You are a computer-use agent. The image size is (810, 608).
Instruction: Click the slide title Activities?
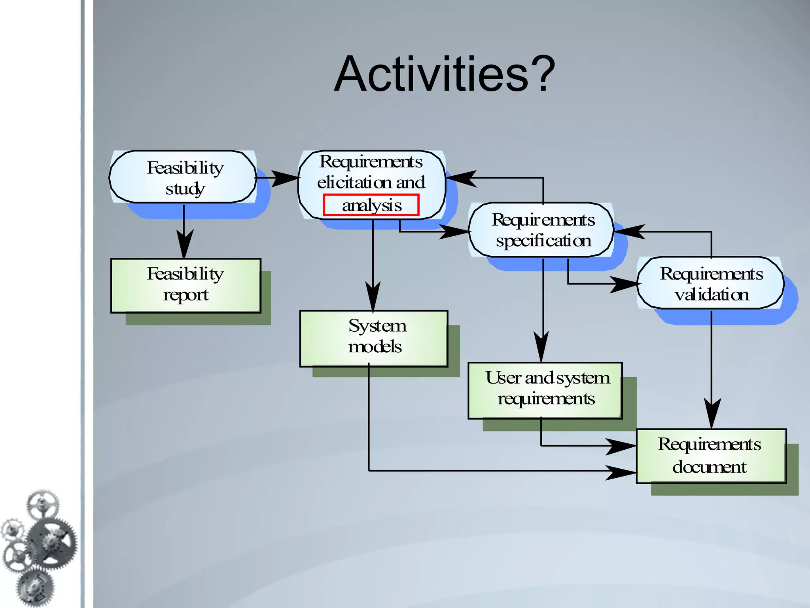pyautogui.click(x=445, y=74)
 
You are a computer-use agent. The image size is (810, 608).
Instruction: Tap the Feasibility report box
pyautogui.click(x=185, y=285)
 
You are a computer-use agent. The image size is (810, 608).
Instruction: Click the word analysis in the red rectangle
pyautogui.click(x=371, y=205)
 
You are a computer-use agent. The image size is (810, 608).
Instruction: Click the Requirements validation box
pyautogui.click(x=710, y=283)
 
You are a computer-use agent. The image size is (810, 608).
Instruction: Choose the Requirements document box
pyautogui.click(x=711, y=455)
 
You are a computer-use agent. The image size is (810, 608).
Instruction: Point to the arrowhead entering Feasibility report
pyautogui.click(x=184, y=243)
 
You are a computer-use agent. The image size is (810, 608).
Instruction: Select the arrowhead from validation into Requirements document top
pyautogui.click(x=711, y=413)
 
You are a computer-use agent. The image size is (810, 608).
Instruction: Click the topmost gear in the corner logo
pyautogui.click(x=42, y=504)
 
